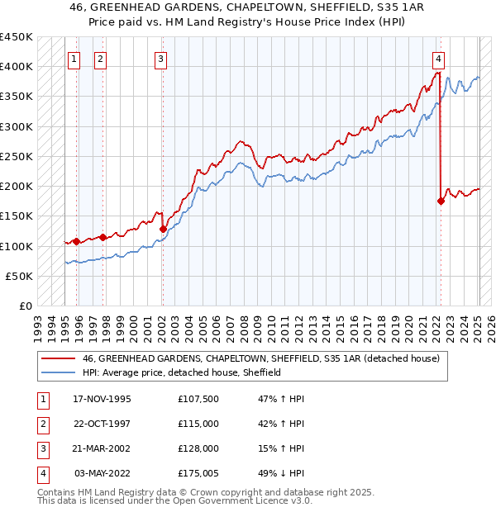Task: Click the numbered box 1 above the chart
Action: (x=74, y=59)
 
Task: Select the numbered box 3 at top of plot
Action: (x=160, y=59)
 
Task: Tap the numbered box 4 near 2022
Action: (x=438, y=59)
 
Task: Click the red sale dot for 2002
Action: (x=163, y=229)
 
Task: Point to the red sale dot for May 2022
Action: (x=441, y=201)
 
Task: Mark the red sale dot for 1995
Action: (x=76, y=241)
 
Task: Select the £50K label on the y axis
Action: (x=20, y=276)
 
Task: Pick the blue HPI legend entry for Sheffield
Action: (x=182, y=372)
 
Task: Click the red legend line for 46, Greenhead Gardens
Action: (x=58, y=358)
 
